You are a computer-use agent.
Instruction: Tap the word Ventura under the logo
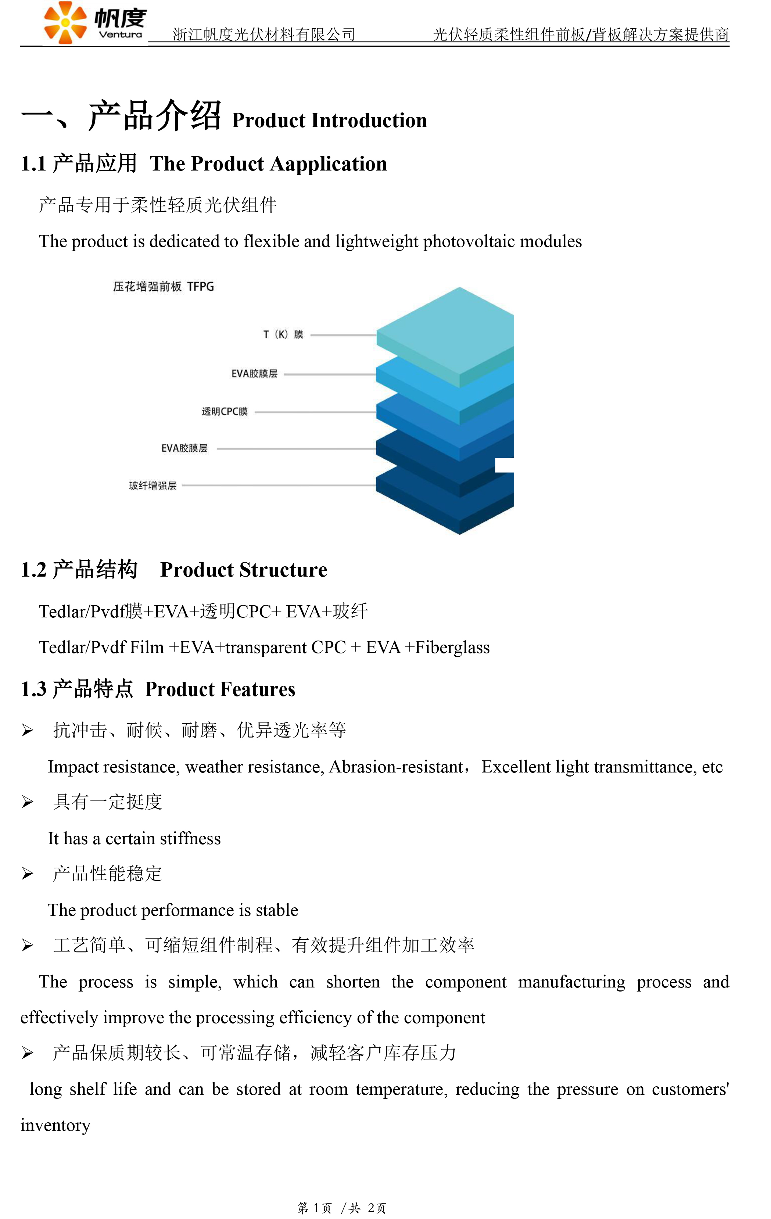click(121, 35)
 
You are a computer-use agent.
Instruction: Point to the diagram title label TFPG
click(201, 287)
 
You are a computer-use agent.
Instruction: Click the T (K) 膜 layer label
click(283, 335)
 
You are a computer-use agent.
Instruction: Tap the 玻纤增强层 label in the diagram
click(153, 485)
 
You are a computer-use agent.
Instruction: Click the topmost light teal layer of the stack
click(445, 331)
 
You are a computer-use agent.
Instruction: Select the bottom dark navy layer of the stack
click(445, 499)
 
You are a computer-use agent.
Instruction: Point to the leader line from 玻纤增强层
click(279, 485)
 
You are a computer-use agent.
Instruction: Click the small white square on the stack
click(504, 465)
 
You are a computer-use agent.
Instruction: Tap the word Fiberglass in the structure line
click(452, 648)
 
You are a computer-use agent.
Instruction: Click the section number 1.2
click(33, 570)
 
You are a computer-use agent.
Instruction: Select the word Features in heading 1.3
click(258, 689)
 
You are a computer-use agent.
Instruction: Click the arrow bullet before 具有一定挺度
click(27, 802)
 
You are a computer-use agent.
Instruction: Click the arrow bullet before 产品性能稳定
click(27, 874)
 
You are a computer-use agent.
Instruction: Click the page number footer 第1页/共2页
click(342, 1208)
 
